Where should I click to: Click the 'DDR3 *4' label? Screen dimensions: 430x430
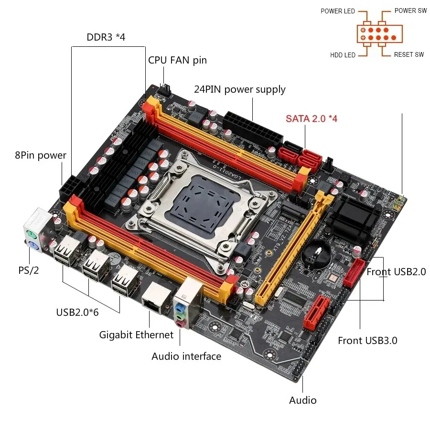[106, 37]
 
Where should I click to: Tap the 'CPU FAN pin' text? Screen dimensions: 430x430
[177, 60]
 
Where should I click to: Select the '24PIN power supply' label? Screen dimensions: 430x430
[239, 89]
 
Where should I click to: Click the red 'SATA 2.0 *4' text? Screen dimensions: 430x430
[312, 118]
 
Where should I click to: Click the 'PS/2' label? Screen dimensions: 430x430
[29, 270]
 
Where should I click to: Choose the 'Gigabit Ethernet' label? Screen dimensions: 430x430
[136, 334]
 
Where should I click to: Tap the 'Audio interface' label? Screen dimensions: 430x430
[186, 356]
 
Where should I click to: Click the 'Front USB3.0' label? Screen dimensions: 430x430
[367, 340]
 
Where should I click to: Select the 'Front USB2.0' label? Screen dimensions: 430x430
[396, 272]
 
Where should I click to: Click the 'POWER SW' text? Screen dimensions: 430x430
[410, 11]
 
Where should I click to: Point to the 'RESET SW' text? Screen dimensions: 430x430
[409, 55]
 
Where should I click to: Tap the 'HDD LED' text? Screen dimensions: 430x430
[343, 55]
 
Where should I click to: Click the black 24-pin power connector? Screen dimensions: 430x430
[250, 127]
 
